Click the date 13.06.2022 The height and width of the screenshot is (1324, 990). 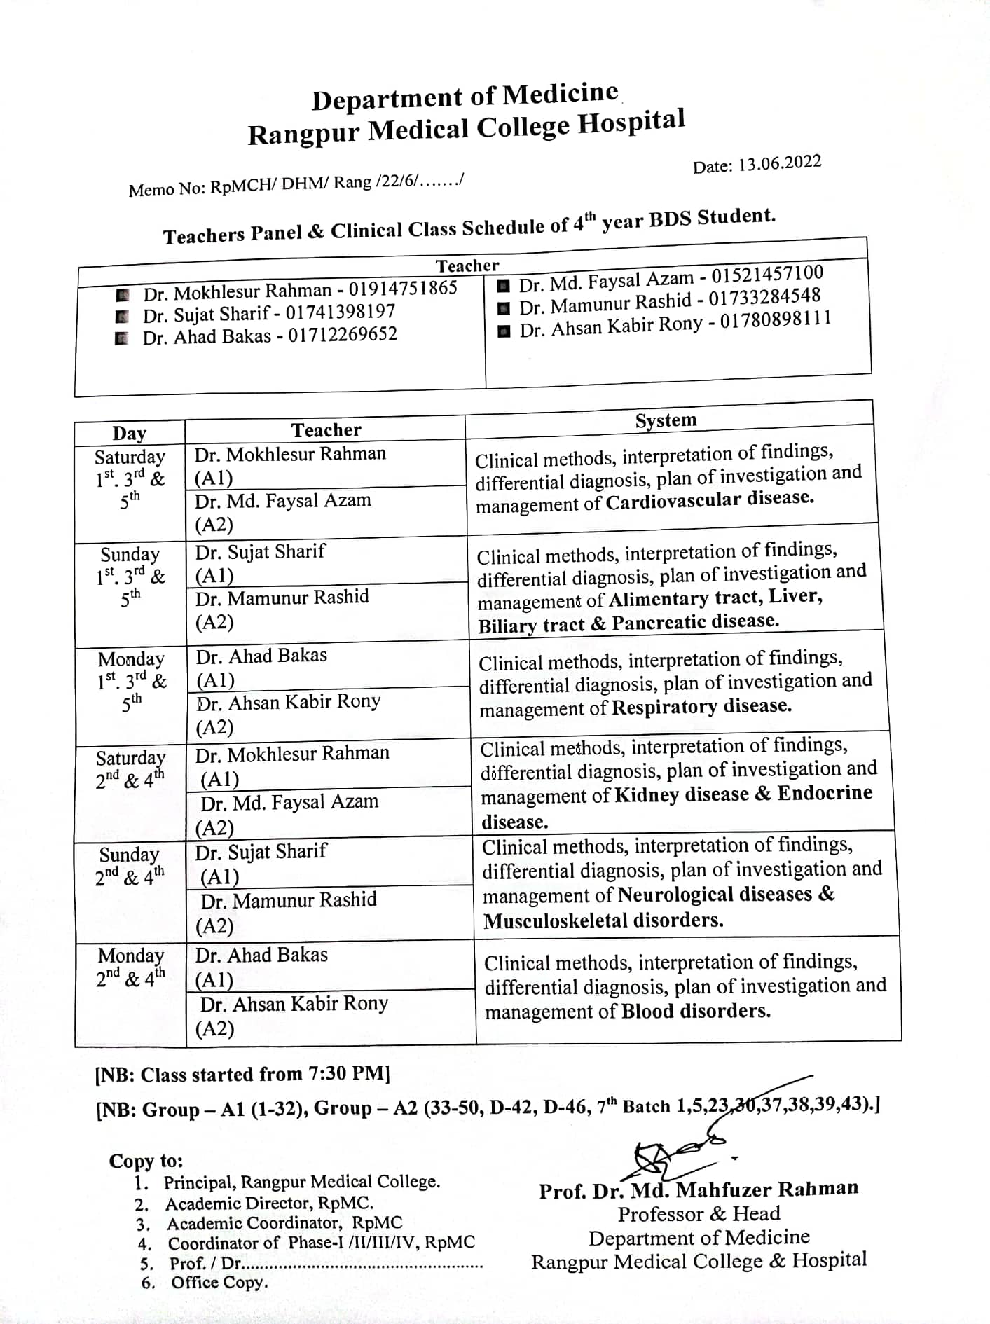pos(780,163)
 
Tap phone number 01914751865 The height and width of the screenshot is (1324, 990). pos(403,288)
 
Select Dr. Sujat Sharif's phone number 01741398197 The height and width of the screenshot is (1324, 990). pos(341,312)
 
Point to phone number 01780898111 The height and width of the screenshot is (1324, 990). pos(776,321)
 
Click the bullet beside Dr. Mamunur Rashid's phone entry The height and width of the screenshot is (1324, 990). pos(503,308)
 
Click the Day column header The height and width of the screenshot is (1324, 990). pos(129,433)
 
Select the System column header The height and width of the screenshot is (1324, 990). pos(666,420)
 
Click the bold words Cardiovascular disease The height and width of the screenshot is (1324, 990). pos(710,500)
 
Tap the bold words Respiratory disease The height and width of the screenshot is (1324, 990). pos(701,706)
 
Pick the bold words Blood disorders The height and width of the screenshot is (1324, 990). pos(696,1011)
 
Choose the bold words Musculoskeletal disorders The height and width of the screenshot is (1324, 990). pos(603,920)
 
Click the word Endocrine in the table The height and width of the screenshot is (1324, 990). pos(825,793)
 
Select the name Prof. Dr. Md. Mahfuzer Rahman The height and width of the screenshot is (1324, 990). pos(699,1189)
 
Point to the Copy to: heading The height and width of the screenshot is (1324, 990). pos(146,1161)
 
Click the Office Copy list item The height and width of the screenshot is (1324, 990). pos(219,1282)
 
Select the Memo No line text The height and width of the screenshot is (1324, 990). pos(296,185)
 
